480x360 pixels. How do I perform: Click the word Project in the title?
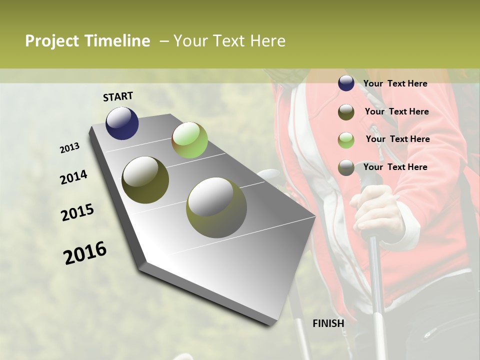pyautogui.click(x=52, y=41)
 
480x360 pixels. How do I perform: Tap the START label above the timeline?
pyautogui.click(x=118, y=96)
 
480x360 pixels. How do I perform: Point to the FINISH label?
pyautogui.click(x=328, y=323)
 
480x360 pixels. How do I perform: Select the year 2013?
pyautogui.click(x=70, y=148)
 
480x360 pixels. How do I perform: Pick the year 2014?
pyautogui.click(x=74, y=177)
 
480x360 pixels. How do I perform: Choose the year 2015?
pyautogui.click(x=77, y=212)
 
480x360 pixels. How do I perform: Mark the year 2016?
pyautogui.click(x=85, y=253)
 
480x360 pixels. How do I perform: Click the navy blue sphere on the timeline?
pyautogui.click(x=122, y=123)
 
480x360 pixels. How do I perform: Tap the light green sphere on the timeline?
pyautogui.click(x=189, y=140)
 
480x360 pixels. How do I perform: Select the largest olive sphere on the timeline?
pyautogui.click(x=216, y=207)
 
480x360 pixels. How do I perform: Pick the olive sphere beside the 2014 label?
pyautogui.click(x=145, y=180)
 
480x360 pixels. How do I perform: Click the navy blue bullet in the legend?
pyautogui.click(x=346, y=83)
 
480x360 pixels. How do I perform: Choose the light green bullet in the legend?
pyautogui.click(x=346, y=140)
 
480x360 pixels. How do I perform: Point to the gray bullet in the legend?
pyautogui.click(x=346, y=167)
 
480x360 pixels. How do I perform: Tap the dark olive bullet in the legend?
pyautogui.click(x=346, y=112)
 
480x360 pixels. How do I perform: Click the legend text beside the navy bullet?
pyautogui.click(x=395, y=83)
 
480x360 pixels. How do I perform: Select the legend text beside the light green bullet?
pyautogui.click(x=397, y=139)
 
